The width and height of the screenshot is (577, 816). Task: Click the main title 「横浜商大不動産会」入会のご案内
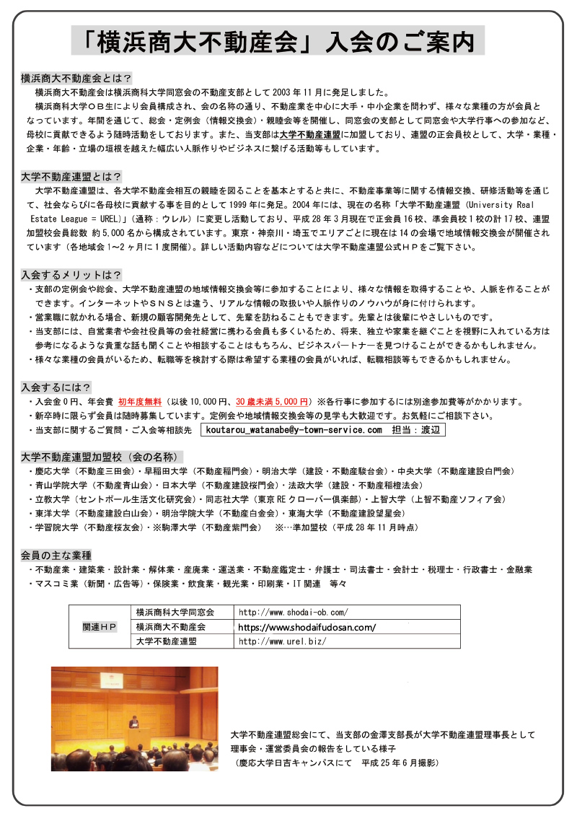tap(278, 41)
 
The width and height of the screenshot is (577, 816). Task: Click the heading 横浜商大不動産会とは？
tap(76, 78)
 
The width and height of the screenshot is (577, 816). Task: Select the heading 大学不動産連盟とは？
tap(71, 176)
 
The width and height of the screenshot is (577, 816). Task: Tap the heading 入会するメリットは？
tap(71, 275)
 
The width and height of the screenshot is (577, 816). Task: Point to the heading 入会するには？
tap(56, 387)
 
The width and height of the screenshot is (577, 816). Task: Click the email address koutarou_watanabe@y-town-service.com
tap(294, 430)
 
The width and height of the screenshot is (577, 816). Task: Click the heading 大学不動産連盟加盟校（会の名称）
tap(101, 457)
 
